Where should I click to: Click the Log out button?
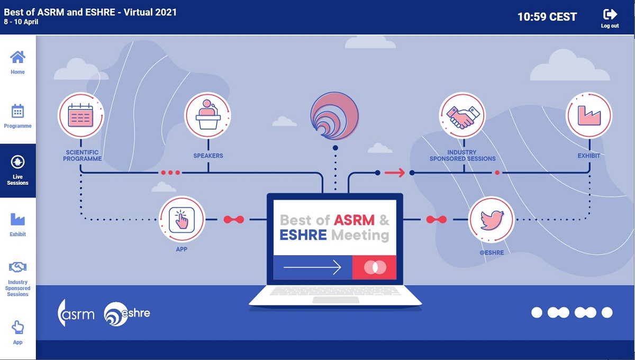[x=610, y=19]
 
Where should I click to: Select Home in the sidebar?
[x=17, y=62]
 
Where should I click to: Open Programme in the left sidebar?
[x=17, y=116]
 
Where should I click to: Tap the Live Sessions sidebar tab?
[x=17, y=170]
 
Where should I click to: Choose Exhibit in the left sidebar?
[x=17, y=224]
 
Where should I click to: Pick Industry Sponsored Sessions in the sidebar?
[x=17, y=279]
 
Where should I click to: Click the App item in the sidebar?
[x=17, y=332]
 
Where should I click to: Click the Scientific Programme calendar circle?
[x=81, y=115]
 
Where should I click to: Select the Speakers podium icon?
[x=208, y=115]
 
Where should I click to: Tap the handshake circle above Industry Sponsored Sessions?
[x=462, y=115]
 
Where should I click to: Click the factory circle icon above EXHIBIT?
[x=589, y=115]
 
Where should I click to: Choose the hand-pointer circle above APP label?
[x=182, y=220]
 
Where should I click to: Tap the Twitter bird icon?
[x=492, y=220]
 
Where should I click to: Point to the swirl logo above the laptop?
[x=334, y=115]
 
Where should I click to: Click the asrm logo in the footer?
[x=76, y=313]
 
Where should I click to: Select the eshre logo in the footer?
[x=126, y=314]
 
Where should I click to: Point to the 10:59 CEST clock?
[x=547, y=17]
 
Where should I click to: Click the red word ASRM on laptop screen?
[x=354, y=220]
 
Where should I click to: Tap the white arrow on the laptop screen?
[x=312, y=267]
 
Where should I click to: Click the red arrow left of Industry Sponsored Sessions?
[x=395, y=173]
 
